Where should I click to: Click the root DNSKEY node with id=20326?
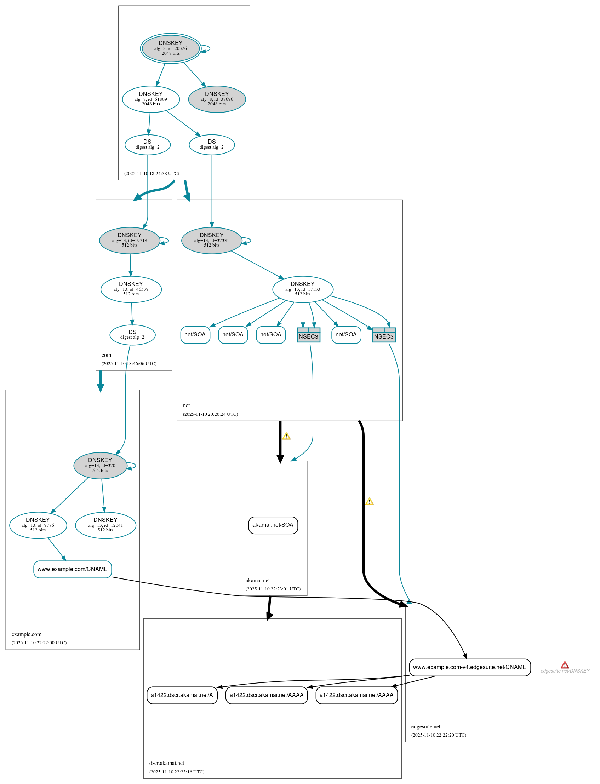170,48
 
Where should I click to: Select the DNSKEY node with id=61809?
151,99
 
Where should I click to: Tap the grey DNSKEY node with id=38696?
217,99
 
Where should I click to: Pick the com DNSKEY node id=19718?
129,240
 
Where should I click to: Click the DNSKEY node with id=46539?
131,289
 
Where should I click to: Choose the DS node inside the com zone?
132,334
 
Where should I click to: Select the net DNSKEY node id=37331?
211,240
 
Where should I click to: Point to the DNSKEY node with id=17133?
303,289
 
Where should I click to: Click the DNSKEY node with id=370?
100,465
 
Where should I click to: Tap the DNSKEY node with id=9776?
38,525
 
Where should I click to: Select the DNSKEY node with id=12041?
105,525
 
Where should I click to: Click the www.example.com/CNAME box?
73,569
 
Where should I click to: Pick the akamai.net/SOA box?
273,525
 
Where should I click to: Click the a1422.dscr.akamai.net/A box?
182,695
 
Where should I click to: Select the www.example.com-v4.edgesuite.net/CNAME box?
469,667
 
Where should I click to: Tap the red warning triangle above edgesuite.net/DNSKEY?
565,664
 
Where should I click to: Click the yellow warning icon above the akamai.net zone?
286,436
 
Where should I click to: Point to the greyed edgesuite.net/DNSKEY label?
565,671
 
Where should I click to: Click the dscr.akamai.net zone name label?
167,763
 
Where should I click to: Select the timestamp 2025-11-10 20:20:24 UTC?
210,414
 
